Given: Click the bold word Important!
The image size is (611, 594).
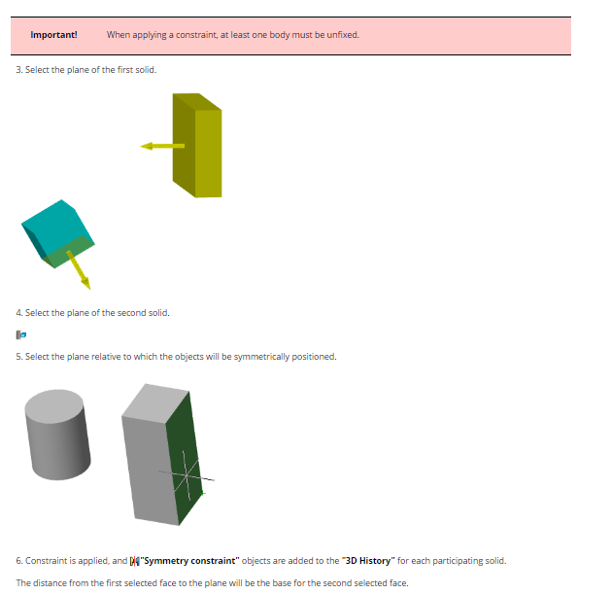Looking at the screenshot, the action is point(53,35).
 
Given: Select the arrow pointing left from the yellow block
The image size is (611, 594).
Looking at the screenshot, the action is point(162,146).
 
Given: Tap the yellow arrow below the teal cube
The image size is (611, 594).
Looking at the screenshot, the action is point(79,270).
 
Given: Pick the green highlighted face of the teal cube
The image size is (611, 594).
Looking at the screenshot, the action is point(69,252).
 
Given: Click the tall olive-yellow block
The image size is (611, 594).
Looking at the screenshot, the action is point(197,146).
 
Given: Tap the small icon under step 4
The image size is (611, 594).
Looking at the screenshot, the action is point(21,334).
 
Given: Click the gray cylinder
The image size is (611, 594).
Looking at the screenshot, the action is point(57,435).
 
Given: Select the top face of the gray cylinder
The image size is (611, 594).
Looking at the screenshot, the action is point(54,406).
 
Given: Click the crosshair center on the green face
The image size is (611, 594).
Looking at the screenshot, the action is point(187,475).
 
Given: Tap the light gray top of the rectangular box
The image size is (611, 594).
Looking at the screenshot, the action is point(155,403).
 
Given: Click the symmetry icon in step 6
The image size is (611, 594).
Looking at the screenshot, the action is point(134,561).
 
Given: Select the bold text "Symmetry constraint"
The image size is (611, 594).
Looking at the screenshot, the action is point(189,561).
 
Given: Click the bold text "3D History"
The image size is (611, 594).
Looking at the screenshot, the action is point(368,561).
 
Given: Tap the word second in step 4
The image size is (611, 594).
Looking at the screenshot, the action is point(130,313).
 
